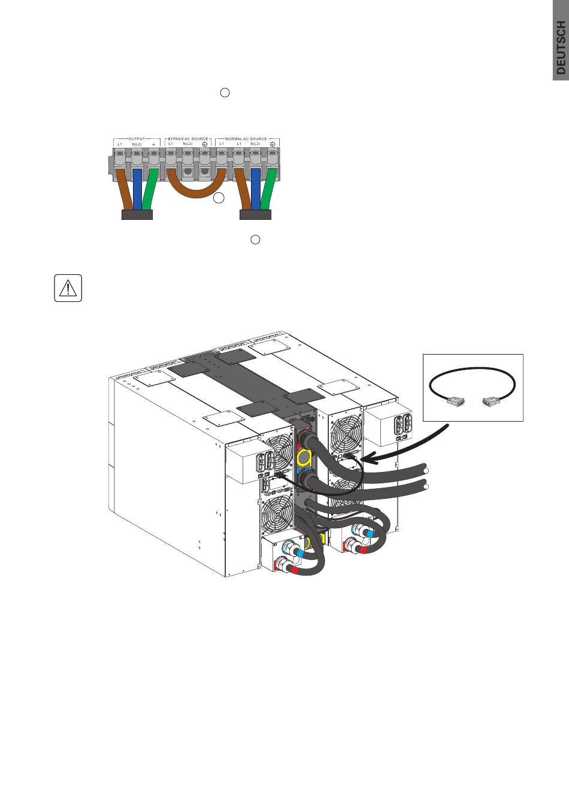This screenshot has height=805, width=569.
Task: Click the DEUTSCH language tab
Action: click(x=560, y=40)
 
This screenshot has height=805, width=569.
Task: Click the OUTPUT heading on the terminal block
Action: click(x=137, y=138)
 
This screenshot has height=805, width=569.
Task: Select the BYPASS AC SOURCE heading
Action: click(x=187, y=138)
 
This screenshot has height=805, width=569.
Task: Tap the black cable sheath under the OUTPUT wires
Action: click(x=137, y=214)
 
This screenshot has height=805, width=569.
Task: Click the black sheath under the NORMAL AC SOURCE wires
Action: click(x=255, y=214)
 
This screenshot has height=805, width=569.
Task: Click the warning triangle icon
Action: click(x=68, y=288)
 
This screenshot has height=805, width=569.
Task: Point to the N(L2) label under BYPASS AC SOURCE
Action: click(x=187, y=144)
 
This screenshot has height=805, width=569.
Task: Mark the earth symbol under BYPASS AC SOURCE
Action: click(x=204, y=144)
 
